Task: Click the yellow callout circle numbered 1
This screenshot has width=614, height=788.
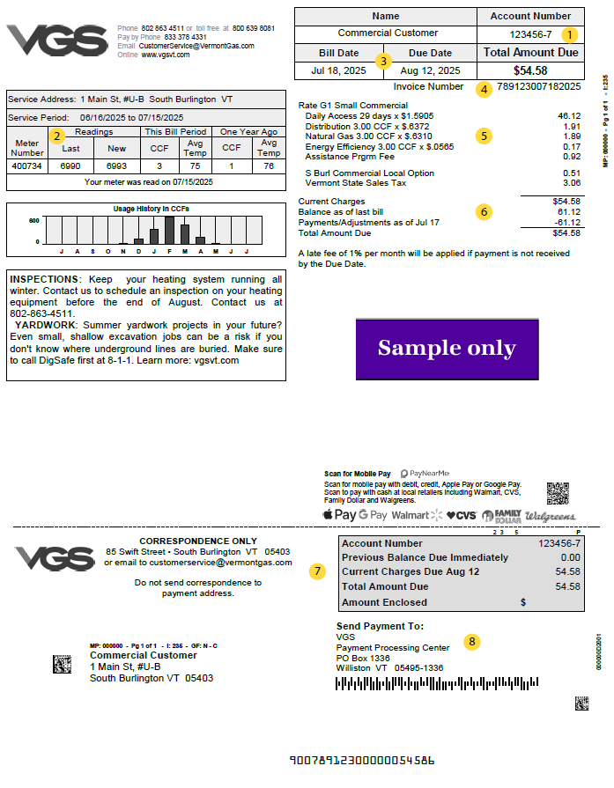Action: [569, 35]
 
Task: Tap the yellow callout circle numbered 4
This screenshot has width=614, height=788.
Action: [483, 88]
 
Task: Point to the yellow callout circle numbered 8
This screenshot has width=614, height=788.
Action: [472, 641]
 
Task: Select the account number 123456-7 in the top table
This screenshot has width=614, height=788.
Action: [530, 35]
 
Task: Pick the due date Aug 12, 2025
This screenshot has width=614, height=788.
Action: [430, 70]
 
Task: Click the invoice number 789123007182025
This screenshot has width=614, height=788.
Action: [539, 87]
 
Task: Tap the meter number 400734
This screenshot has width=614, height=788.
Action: [27, 166]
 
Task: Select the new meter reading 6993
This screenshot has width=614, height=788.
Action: [116, 166]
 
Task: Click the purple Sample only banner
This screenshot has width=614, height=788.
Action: [447, 349]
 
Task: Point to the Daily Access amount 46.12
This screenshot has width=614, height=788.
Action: [569, 116]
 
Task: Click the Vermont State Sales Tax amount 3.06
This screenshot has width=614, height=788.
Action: [571, 183]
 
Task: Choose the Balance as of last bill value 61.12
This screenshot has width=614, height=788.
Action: [569, 212]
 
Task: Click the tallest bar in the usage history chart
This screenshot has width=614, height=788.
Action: [169, 230]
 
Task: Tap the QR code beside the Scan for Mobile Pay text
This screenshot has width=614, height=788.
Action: [558, 493]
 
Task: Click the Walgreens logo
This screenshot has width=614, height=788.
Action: [551, 515]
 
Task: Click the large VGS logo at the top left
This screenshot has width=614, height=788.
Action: [57, 41]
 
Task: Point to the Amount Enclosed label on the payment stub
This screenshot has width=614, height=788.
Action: [384, 602]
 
